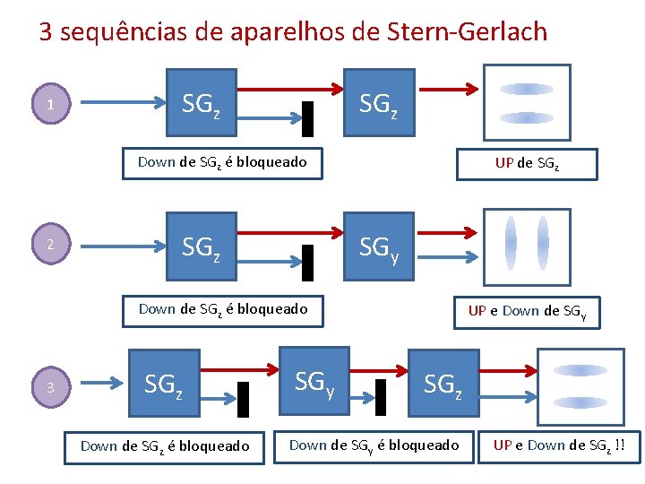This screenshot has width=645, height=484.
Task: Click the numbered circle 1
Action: click(51, 106)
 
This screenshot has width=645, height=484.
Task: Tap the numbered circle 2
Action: click(51, 245)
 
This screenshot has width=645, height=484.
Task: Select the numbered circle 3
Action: click(51, 387)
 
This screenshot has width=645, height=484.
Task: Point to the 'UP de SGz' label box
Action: click(526, 163)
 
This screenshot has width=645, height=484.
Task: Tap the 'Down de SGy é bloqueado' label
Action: click(374, 445)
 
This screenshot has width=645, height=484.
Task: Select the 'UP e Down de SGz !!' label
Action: click(559, 445)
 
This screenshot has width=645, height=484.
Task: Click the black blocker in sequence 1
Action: click(308, 117)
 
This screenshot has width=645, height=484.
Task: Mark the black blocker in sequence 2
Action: click(308, 261)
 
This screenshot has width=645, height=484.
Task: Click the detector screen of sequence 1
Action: click(527, 101)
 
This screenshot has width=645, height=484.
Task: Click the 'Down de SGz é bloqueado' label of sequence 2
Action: click(222, 309)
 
